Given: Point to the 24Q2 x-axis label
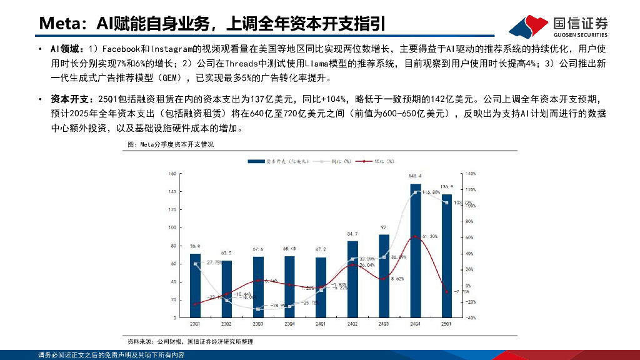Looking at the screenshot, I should [x=352, y=324].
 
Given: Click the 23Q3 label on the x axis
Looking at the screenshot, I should [x=258, y=324].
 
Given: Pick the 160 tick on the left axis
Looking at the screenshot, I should [x=171, y=174].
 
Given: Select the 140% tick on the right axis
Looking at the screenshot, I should [x=471, y=174].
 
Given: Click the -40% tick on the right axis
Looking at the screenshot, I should [x=471, y=317].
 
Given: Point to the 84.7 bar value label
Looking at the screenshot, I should [x=352, y=234].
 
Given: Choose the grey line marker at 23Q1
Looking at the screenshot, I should [x=195, y=264].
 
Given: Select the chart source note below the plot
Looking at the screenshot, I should [x=190, y=342].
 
